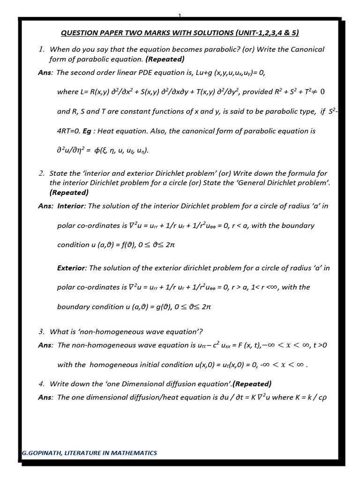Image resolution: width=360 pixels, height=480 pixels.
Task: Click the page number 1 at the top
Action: tap(180, 16)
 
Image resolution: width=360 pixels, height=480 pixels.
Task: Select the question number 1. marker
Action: tap(42, 49)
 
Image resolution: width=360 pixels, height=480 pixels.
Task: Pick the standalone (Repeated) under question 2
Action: tap(69, 193)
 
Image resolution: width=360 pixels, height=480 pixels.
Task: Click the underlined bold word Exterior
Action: tap(71, 268)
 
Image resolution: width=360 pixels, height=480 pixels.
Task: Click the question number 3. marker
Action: tap(42, 332)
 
